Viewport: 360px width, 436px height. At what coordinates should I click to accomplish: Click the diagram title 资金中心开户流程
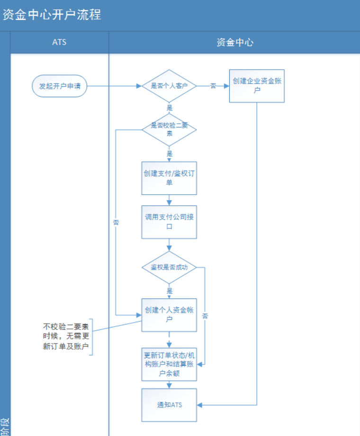coord(52,14)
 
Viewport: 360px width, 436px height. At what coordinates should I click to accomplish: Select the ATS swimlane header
coord(59,42)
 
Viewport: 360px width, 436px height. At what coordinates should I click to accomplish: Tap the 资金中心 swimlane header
coord(234,42)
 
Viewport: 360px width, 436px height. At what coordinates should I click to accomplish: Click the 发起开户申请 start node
coord(60,86)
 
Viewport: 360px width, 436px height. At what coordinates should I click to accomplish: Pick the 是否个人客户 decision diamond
coord(169,86)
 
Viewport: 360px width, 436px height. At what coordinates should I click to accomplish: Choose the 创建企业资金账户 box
coord(257,86)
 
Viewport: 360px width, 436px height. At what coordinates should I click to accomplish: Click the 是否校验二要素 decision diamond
coord(169,129)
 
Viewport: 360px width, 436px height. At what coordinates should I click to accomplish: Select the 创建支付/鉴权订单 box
coord(169,178)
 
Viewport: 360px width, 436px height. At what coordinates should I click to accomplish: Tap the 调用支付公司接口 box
coord(169,222)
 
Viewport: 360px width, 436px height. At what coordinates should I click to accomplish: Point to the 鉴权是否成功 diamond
coord(169,267)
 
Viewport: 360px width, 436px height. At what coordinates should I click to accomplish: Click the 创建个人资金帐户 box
coord(169,315)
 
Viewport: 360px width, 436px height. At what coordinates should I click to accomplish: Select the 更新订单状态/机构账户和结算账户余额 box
coord(169,364)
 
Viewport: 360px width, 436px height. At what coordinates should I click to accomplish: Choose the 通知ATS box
coord(169,405)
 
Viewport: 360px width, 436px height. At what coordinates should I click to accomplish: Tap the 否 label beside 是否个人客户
coord(213,86)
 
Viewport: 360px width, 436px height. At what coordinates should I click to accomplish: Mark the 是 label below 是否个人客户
coord(170,108)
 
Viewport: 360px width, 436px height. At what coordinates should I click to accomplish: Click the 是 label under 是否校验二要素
coord(170,154)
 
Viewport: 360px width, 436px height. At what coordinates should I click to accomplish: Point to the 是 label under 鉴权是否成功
coord(170,291)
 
